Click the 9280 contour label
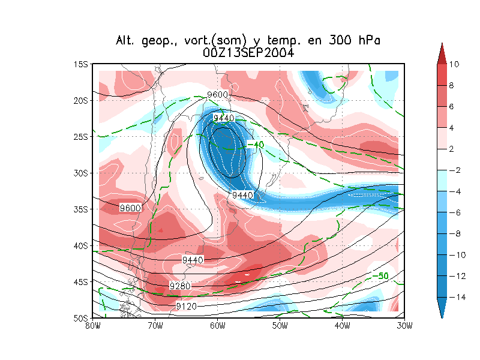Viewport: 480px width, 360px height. (x=180, y=286)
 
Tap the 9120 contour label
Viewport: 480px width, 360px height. (x=185, y=307)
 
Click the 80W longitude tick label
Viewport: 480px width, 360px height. (x=92, y=326)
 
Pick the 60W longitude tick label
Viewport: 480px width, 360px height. (x=217, y=326)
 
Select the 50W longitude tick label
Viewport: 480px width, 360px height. (x=280, y=326)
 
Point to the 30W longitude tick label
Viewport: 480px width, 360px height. (x=404, y=326)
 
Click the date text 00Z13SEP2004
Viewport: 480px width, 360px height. (x=248, y=53)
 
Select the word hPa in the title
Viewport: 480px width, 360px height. (x=367, y=41)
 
